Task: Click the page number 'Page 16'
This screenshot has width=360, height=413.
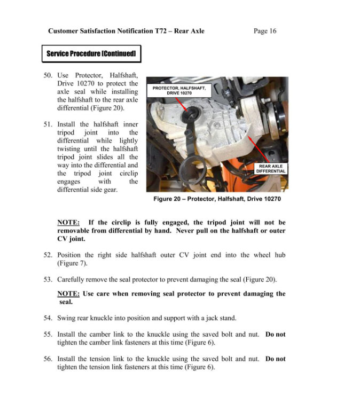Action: point(264,31)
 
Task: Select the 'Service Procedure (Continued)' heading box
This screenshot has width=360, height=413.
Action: point(91,53)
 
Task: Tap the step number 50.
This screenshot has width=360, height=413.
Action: point(48,76)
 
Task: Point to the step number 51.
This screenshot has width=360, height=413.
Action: point(48,124)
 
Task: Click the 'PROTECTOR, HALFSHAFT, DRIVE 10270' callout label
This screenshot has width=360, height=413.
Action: point(178,90)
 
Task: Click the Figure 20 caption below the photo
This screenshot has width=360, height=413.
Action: point(217,199)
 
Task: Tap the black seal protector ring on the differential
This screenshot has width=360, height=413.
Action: point(190,115)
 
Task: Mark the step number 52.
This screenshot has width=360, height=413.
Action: point(48,255)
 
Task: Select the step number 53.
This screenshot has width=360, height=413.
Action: point(48,279)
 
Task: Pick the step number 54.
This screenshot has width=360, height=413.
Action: point(48,318)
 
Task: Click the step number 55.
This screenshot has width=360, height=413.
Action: point(48,334)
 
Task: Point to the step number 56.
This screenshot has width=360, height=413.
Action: point(48,359)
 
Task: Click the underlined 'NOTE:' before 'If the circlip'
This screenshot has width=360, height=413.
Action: point(68,222)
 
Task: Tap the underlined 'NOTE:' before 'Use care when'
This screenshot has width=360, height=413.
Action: point(68,294)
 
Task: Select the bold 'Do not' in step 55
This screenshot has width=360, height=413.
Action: point(275,334)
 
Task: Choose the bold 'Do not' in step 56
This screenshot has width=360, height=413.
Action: point(275,359)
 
